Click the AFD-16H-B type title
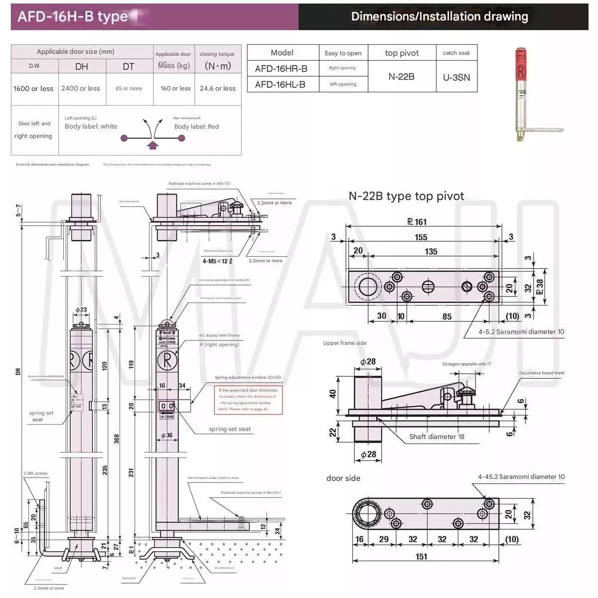(73, 16)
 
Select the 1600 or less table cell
(33, 89)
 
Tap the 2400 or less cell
(81, 89)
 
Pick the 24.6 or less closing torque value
(217, 89)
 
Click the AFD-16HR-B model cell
(281, 69)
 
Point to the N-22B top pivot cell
(401, 77)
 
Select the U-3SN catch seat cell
(456, 77)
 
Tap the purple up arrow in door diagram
(153, 145)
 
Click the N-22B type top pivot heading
(406, 196)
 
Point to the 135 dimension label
(431, 251)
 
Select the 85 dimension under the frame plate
(447, 316)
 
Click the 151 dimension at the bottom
(422, 557)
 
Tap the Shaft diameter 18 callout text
(437, 437)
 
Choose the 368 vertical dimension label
(117, 439)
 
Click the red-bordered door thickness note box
(248, 400)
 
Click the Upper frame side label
(344, 343)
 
